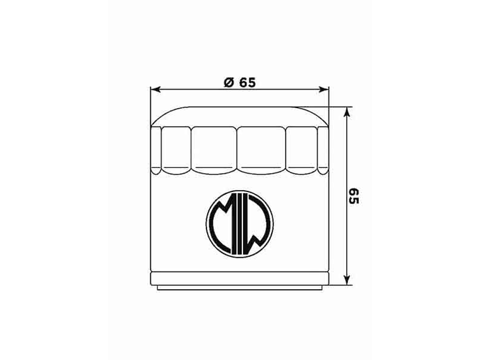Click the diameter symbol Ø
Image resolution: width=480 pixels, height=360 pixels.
point(229,82)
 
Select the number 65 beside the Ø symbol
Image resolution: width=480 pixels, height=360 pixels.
point(246,82)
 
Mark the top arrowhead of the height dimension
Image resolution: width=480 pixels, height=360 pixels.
point(346,112)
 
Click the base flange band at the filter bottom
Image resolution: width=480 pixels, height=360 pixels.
point(240,279)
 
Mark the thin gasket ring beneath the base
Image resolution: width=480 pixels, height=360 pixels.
point(240,287)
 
